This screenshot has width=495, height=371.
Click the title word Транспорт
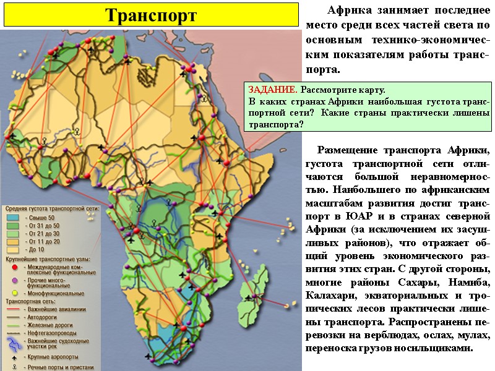coord(150,15)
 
